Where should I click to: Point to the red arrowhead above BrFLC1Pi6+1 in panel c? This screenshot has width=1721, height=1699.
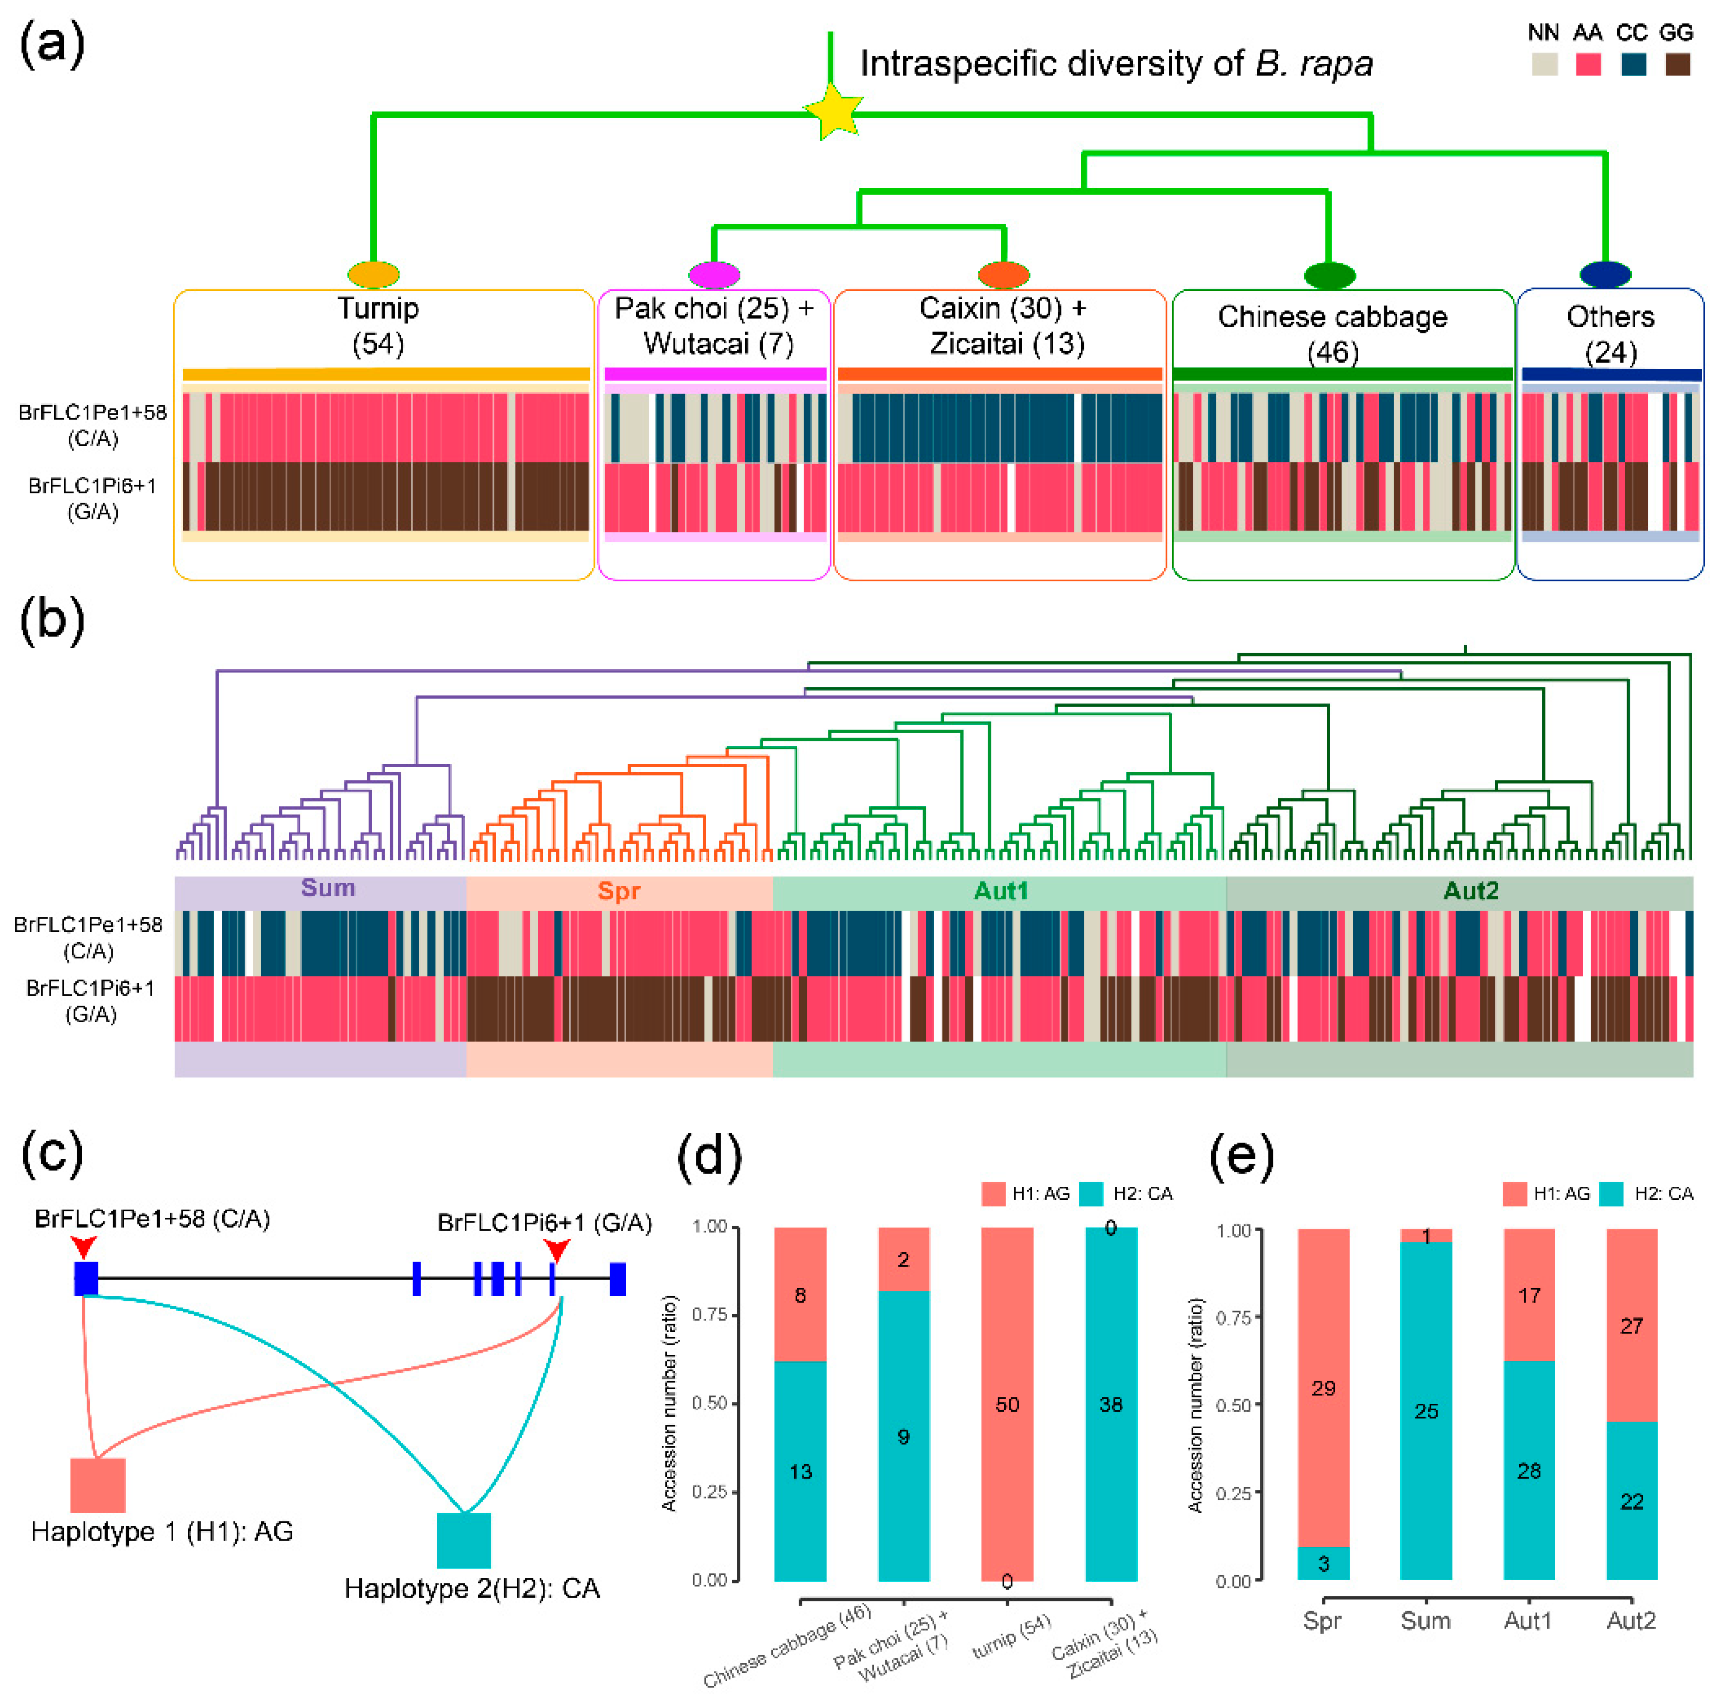[557, 1249]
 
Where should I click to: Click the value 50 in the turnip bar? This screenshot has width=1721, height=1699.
[1006, 1404]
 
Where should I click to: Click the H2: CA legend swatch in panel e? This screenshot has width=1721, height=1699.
[1612, 1194]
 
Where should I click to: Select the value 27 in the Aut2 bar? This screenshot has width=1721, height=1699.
[1631, 1326]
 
